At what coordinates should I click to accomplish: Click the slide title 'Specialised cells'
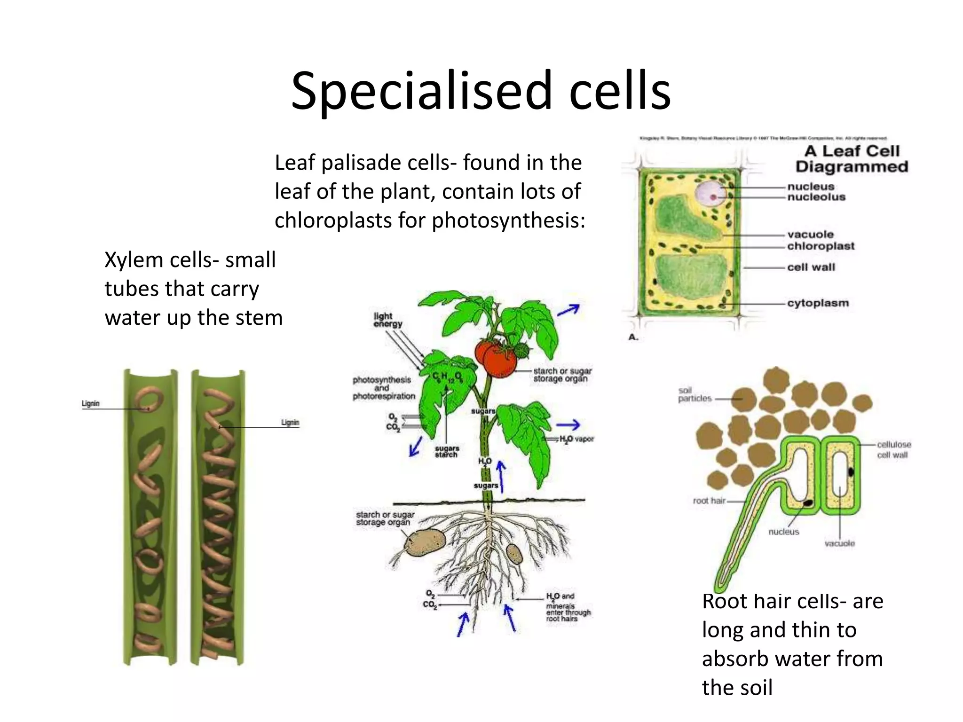pyautogui.click(x=481, y=90)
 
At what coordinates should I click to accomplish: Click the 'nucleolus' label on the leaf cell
pyautogui.click(x=816, y=197)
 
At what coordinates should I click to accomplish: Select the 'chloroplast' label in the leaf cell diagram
pyautogui.click(x=821, y=246)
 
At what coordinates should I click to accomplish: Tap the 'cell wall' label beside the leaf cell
pyautogui.click(x=811, y=267)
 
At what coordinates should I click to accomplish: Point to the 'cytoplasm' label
pyautogui.click(x=818, y=303)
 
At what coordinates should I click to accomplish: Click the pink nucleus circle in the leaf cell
pyautogui.click(x=710, y=194)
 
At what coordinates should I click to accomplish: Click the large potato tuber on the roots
pyautogui.click(x=425, y=542)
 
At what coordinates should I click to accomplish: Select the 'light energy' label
pyautogui.click(x=388, y=320)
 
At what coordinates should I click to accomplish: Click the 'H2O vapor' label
pyautogui.click(x=576, y=439)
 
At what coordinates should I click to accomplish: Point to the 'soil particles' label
pyautogui.click(x=695, y=394)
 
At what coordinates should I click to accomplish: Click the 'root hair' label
pyautogui.click(x=709, y=501)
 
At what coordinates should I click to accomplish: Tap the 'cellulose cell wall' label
pyautogui.click(x=893, y=449)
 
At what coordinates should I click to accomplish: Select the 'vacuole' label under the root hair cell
pyautogui.click(x=839, y=543)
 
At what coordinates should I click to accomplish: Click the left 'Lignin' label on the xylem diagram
pyautogui.click(x=90, y=403)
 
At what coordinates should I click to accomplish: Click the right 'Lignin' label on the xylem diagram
pyautogui.click(x=290, y=422)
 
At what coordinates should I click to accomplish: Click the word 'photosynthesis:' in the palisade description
pyautogui.click(x=508, y=220)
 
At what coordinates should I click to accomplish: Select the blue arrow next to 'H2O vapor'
pyautogui.click(x=568, y=425)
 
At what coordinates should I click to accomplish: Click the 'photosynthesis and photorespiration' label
pyautogui.click(x=384, y=388)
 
